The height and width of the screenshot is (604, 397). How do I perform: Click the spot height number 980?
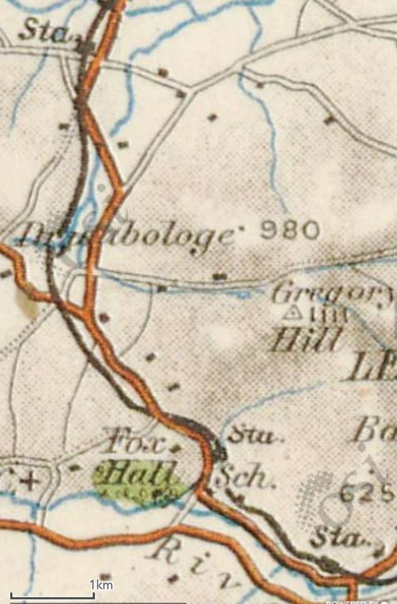point(290,229)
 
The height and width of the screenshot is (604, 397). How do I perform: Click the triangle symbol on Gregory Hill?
point(293,312)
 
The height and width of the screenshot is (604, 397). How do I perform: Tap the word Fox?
point(137,440)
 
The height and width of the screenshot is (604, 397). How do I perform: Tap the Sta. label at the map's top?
point(45,32)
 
